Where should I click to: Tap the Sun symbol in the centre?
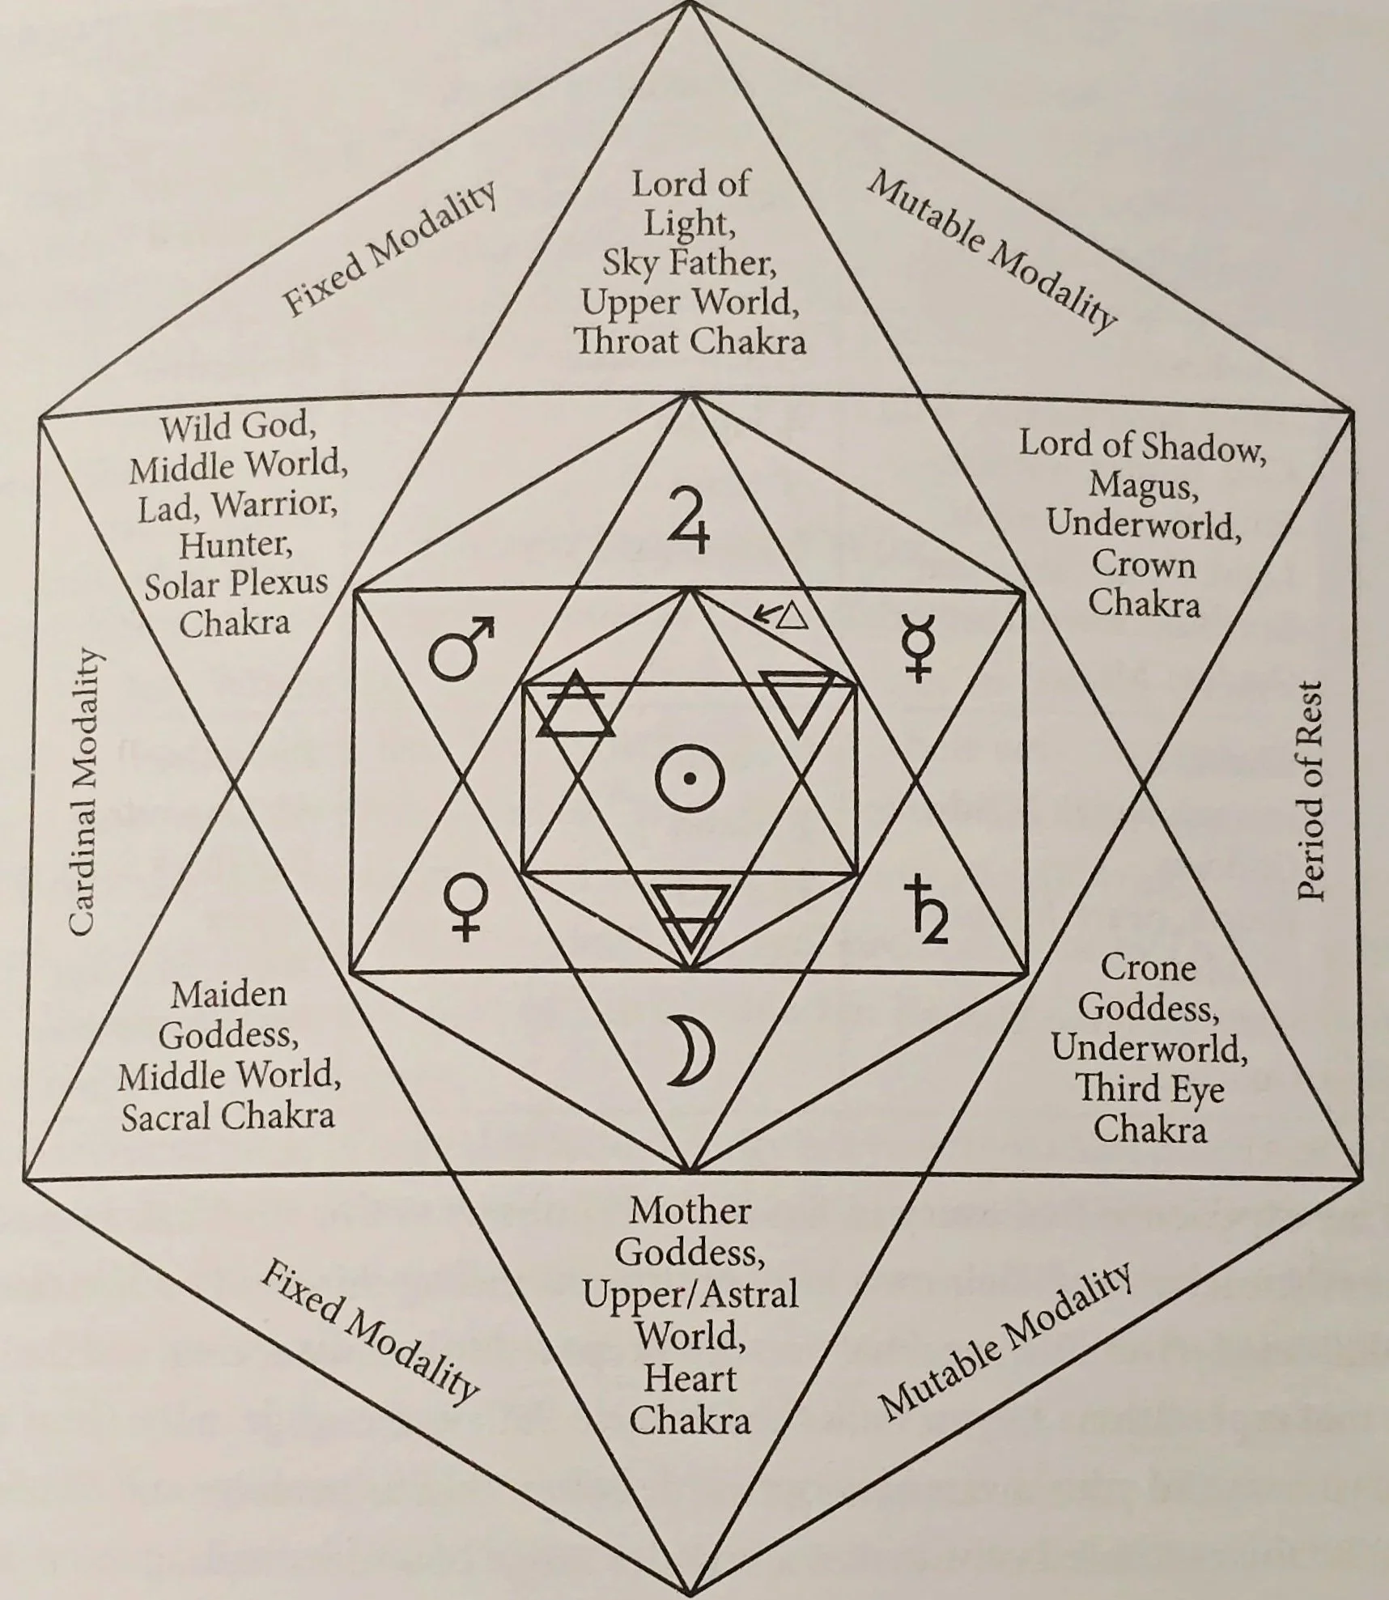point(689,779)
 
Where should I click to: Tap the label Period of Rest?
point(1308,790)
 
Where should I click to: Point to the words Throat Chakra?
point(690,342)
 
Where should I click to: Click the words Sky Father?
point(685,263)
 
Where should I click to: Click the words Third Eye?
point(1149,1089)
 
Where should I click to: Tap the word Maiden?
point(229,995)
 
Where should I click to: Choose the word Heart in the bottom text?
point(690,1379)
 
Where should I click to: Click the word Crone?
point(1148,968)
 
